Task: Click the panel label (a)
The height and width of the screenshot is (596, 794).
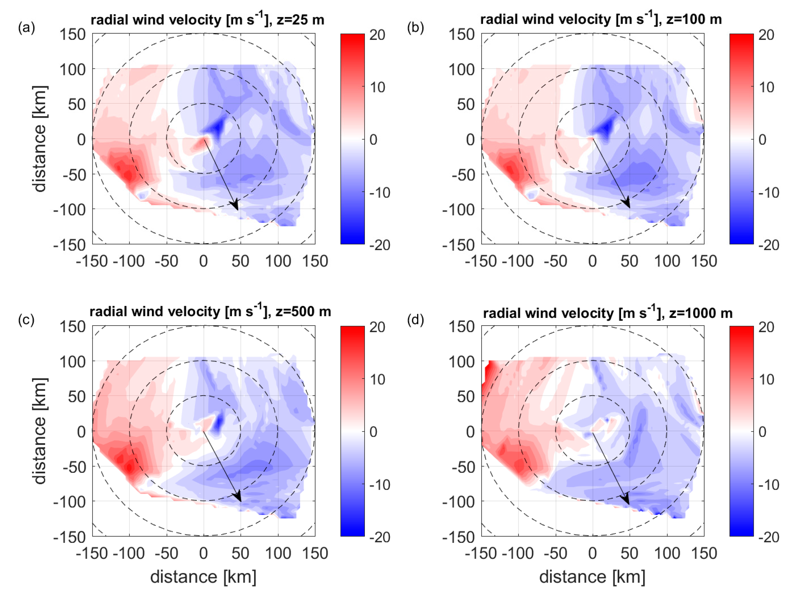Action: (26, 28)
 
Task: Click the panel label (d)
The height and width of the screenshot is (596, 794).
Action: (415, 319)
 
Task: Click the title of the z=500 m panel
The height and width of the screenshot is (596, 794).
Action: (210, 311)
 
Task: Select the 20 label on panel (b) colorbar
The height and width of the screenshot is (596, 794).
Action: (766, 35)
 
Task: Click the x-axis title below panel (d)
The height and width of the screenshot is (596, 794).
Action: (592, 577)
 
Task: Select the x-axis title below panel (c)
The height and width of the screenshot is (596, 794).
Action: (203, 577)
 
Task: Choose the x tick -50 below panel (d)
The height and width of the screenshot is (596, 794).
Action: (555, 554)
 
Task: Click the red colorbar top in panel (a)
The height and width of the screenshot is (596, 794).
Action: (352, 40)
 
